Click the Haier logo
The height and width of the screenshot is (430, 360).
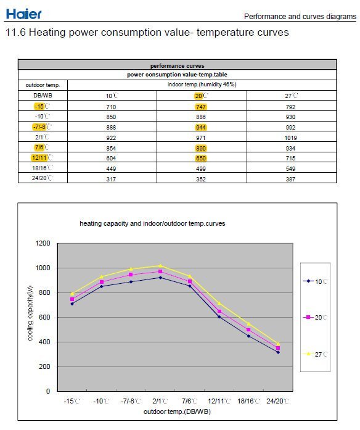(x=23, y=14)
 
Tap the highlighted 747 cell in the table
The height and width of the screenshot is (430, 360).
(x=201, y=107)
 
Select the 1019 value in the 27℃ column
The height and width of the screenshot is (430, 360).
(x=290, y=138)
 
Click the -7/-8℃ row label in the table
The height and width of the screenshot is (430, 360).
(x=42, y=126)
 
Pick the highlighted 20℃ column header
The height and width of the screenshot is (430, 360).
(x=202, y=96)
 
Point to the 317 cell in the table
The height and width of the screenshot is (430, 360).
(x=111, y=179)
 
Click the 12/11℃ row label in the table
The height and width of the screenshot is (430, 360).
(x=42, y=158)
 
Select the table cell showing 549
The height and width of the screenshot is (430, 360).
(x=290, y=168)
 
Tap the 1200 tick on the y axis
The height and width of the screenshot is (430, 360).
(x=43, y=243)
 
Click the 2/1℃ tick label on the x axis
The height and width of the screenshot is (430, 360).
(x=160, y=401)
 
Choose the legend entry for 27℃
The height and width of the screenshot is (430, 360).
(x=316, y=354)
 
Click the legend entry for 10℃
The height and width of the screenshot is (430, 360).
(x=316, y=281)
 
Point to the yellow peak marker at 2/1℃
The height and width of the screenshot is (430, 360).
(x=160, y=265)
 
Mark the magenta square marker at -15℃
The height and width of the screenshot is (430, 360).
(x=72, y=299)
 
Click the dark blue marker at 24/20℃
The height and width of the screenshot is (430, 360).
(x=278, y=352)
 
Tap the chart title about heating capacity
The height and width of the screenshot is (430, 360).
(x=152, y=223)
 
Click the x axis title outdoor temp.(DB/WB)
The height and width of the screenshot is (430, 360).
(x=177, y=411)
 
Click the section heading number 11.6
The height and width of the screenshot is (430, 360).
(x=15, y=32)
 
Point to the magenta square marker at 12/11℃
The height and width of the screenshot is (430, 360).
(x=219, y=311)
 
